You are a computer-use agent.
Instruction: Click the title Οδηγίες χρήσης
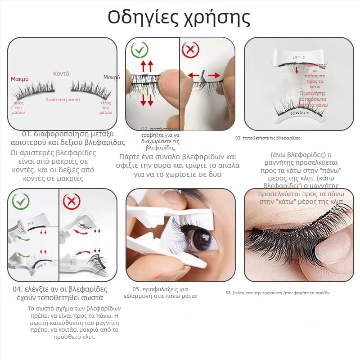click(179, 18)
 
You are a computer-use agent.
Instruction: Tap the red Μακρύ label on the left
click(20, 79)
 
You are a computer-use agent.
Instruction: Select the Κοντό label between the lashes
click(61, 73)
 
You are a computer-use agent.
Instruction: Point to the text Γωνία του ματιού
click(62, 99)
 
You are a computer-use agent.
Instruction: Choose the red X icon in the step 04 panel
click(71, 201)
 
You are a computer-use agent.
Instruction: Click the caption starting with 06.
click(278, 292)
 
